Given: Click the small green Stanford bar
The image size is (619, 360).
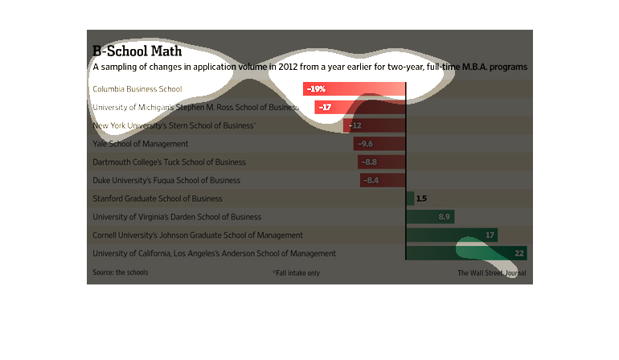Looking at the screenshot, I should tap(410, 198).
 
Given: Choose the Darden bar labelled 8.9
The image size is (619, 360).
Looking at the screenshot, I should tap(430, 216).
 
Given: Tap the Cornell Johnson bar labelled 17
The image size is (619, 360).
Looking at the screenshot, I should tap(452, 235).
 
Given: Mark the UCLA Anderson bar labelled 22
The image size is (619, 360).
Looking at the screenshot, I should tap(466, 253).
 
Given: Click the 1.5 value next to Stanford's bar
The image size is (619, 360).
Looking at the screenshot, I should tap(421, 198).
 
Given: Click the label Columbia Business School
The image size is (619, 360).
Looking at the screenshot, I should tap(137, 89).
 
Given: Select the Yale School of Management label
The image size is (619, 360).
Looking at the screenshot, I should tap(141, 144).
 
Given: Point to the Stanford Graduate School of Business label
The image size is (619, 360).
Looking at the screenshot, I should tap(158, 198).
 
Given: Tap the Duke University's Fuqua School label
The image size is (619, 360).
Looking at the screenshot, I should tap(166, 180).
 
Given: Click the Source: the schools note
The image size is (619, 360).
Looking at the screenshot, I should tap(121, 272).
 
